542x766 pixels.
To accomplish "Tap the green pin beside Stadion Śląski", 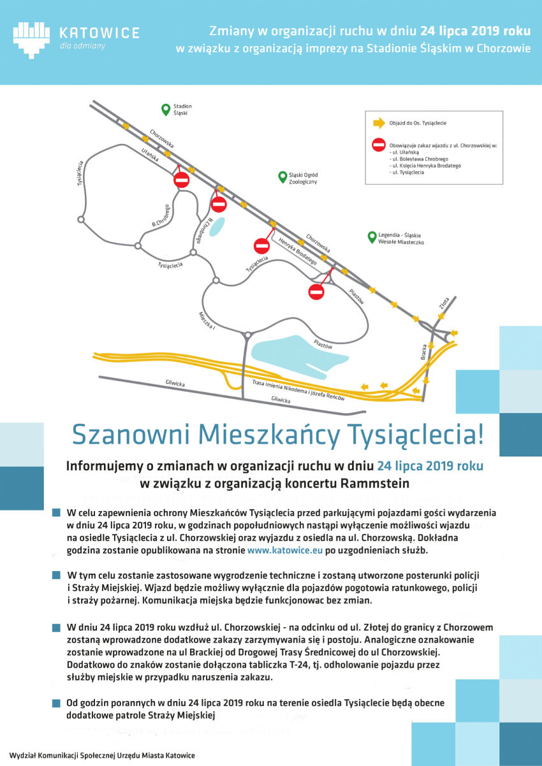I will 165,109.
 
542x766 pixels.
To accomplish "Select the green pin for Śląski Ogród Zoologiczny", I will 281,177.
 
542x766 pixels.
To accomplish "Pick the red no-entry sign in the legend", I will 378,145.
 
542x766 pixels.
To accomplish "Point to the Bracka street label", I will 424,352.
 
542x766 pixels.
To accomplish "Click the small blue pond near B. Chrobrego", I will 217,226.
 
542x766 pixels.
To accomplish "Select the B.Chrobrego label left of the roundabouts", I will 161,215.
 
